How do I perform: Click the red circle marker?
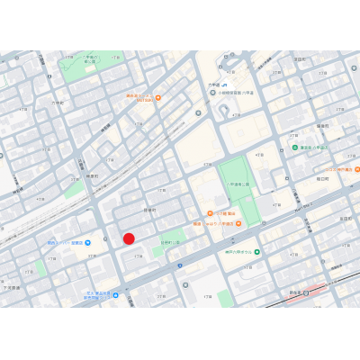click(x=129, y=238)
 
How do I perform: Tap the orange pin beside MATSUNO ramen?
click(x=158, y=97)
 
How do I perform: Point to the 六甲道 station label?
click(x=214, y=84)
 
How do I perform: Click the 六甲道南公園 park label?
click(x=239, y=183)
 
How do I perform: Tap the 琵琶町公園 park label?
click(x=170, y=241)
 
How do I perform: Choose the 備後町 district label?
click(x=322, y=126)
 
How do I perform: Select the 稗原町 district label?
click(x=91, y=176)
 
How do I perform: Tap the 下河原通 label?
click(x=13, y=287)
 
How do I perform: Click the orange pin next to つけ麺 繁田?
click(x=210, y=213)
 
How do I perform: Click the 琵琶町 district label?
click(x=149, y=210)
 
